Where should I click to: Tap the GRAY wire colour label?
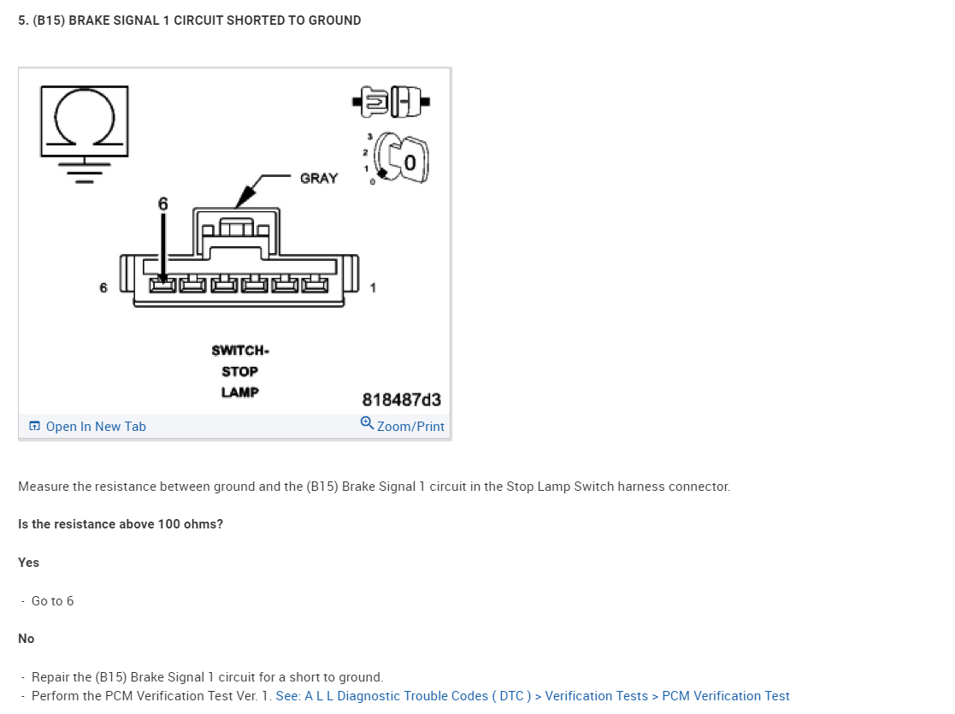[319, 179]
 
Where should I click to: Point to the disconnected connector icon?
[391, 102]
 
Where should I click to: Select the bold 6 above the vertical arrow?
[163, 204]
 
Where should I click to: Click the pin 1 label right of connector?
[373, 288]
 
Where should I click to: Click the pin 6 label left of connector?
[103, 288]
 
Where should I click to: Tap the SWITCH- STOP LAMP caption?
[240, 371]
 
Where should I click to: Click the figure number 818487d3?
[402, 400]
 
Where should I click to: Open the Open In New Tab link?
[95, 427]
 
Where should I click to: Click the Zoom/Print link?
[410, 427]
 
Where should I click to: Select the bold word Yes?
[29, 563]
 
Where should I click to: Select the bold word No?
[27, 639]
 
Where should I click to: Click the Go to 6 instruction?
[52, 601]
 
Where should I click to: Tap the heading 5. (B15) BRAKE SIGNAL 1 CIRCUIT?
[190, 21]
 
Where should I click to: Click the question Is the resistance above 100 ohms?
[121, 524]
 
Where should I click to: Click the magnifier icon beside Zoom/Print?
[367, 423]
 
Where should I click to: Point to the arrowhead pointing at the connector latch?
[244, 199]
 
